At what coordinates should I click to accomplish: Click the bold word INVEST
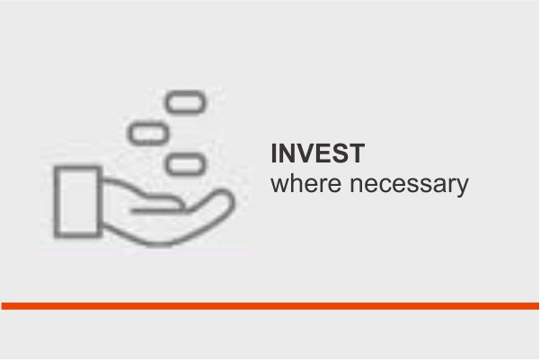tap(317, 154)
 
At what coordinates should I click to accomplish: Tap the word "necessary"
tap(409, 185)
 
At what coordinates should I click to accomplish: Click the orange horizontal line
tap(270, 306)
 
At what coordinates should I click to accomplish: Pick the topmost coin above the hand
tap(186, 102)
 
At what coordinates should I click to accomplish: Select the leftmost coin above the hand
tap(148, 133)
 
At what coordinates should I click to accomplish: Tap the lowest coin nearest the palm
tap(186, 164)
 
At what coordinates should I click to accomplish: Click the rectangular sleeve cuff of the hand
tap(78, 202)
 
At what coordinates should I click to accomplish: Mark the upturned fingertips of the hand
tap(224, 197)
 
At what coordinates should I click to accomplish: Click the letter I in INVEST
tap(274, 154)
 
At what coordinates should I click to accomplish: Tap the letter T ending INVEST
tap(357, 154)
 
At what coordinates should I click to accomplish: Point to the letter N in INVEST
tap(288, 154)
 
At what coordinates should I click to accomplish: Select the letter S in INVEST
tap(340, 154)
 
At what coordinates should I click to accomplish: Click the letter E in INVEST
tap(323, 154)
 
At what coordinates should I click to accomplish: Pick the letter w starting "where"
tap(279, 186)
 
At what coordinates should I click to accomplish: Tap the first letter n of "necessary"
tap(356, 186)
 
